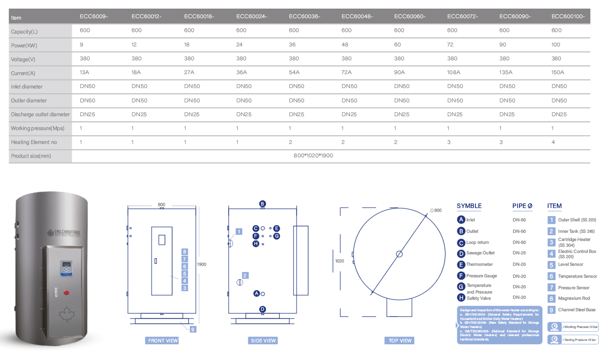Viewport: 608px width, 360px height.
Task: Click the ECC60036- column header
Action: tap(304, 16)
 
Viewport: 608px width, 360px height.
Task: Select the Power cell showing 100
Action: tap(556, 44)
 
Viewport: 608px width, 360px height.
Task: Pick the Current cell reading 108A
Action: tap(453, 73)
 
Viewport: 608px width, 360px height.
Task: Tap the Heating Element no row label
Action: tap(34, 142)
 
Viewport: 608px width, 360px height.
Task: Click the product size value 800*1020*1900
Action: tap(313, 156)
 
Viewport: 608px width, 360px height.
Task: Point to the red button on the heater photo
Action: tap(66, 293)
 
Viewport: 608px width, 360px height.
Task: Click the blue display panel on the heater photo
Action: tap(66, 268)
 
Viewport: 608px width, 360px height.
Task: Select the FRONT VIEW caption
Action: tap(163, 340)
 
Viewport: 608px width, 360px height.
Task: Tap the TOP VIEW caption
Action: tap(399, 340)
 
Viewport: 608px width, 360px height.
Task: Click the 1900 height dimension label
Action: tap(201, 264)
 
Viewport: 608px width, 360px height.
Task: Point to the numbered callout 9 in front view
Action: tap(192, 329)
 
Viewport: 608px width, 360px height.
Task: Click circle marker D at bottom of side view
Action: tap(262, 309)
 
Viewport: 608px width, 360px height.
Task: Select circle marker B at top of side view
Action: tap(262, 204)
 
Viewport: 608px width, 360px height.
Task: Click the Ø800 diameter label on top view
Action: tap(436, 210)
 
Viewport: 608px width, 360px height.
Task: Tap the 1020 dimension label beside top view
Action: tap(340, 261)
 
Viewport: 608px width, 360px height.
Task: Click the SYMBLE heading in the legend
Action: tap(469, 206)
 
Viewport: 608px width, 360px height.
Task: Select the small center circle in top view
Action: tap(399, 254)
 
